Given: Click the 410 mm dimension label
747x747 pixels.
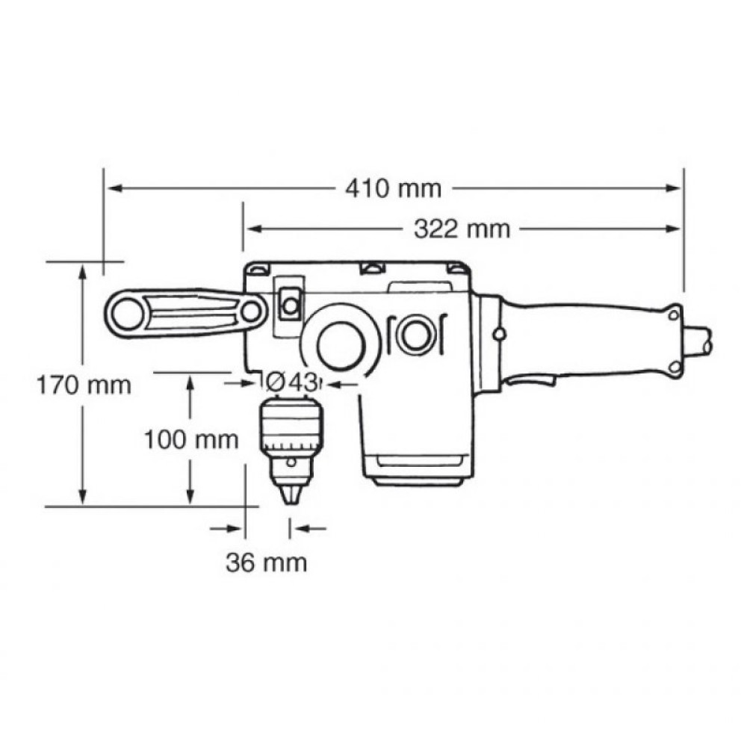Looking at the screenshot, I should click(393, 189).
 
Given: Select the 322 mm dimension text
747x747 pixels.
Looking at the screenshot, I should click(462, 229).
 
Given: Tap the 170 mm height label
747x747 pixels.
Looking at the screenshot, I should click(84, 385).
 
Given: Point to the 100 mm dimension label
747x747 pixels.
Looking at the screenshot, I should click(191, 439).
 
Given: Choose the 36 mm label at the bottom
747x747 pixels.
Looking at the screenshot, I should click(266, 562).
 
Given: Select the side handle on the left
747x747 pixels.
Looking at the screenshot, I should click(187, 313).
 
